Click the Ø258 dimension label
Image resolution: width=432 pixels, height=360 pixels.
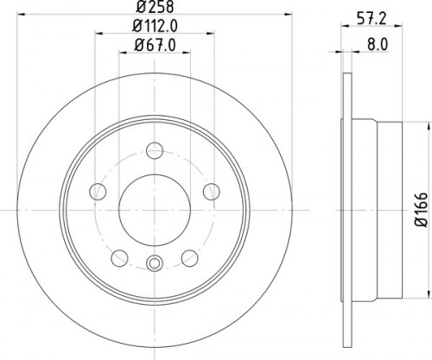[155, 7]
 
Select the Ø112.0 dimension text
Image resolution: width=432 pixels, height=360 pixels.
[155, 27]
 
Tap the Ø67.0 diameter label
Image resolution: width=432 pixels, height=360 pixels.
[155, 45]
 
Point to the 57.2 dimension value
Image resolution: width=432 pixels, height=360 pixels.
[372, 19]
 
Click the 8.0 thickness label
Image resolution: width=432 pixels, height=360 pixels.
[378, 45]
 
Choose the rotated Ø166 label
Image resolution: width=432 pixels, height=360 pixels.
[421, 210]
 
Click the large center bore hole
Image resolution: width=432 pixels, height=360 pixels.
[155, 210]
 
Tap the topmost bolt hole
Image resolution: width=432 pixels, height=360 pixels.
[155, 150]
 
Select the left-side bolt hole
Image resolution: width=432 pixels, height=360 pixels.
[98, 192]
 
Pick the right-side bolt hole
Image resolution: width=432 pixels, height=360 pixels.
[212, 192]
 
